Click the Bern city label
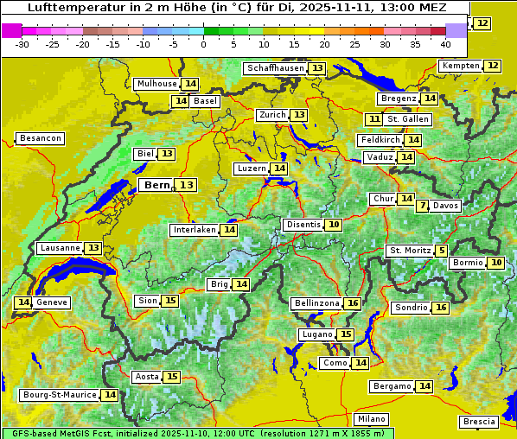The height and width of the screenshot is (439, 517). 157,185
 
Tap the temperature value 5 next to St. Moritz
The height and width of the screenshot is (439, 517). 442,251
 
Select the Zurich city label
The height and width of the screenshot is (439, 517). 271,115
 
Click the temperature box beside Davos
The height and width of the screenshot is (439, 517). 422,206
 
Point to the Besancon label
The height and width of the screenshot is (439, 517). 41,138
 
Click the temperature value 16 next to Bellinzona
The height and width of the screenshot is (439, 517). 352,303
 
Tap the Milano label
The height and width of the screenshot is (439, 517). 373,419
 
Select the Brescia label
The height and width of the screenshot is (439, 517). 479,422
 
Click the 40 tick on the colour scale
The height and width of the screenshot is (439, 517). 445,43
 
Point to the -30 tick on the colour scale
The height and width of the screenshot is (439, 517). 22,43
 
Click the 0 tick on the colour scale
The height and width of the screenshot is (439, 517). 204,43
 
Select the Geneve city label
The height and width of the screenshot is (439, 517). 52,302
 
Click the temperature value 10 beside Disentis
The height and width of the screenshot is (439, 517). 333,225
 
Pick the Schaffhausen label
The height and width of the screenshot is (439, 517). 275,68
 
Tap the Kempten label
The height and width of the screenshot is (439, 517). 460,66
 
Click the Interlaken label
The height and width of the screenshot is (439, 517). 195,230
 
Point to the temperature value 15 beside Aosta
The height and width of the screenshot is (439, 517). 172,377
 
